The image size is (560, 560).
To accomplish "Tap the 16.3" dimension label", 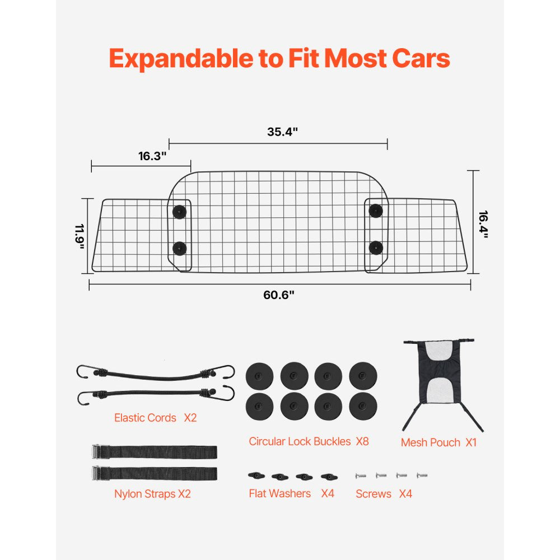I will click(153, 156).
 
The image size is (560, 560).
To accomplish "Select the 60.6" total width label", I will click(279, 295).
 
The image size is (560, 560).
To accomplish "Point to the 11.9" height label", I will click(80, 237).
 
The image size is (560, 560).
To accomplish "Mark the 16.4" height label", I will click(483, 224).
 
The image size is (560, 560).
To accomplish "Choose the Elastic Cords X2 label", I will click(155, 418).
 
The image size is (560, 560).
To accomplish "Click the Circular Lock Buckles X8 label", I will click(309, 441).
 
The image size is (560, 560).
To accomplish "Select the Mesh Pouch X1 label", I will click(438, 442).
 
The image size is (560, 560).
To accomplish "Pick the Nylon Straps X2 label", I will click(152, 494).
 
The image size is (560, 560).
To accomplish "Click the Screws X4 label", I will click(384, 494).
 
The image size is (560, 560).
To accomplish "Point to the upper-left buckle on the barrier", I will click(180, 211).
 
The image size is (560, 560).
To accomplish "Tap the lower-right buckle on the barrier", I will click(375, 246).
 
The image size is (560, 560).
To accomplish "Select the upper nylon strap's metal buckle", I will click(96, 451).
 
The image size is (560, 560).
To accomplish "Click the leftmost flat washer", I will click(255, 476).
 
